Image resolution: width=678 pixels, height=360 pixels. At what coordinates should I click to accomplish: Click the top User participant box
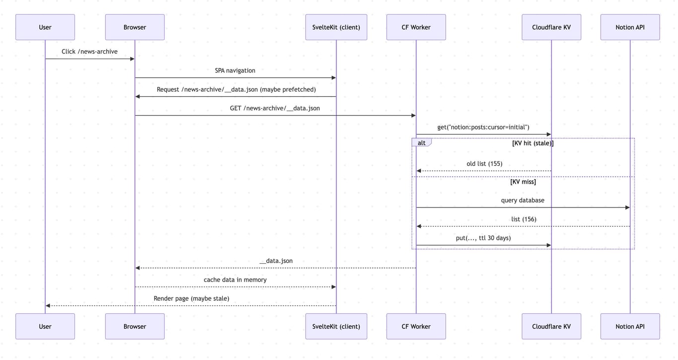click(45, 27)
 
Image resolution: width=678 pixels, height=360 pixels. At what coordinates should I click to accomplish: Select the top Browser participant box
click(135, 27)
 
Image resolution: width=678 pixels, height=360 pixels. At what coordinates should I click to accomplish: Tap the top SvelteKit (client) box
click(336, 27)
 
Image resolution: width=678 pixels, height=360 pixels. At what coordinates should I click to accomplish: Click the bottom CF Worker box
click(416, 326)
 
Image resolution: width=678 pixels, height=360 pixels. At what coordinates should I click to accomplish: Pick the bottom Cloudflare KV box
click(551, 326)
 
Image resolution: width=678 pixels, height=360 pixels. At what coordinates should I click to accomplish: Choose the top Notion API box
click(630, 27)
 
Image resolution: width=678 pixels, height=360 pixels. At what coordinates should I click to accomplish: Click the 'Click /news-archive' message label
click(89, 52)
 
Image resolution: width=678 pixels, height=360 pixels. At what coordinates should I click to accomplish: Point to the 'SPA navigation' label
click(235, 71)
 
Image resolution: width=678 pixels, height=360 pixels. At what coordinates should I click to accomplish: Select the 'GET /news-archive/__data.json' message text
click(274, 108)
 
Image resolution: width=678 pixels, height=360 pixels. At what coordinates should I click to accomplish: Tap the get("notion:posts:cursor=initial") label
click(483, 127)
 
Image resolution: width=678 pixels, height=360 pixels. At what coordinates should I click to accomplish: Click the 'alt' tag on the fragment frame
click(421, 143)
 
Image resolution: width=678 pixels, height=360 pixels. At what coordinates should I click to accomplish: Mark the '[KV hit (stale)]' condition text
click(533, 143)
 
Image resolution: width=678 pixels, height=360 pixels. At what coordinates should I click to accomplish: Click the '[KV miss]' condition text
click(523, 182)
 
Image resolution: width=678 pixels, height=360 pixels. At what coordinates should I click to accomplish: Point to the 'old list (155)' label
click(484, 163)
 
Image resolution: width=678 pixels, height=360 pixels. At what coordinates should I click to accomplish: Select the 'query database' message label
click(522, 200)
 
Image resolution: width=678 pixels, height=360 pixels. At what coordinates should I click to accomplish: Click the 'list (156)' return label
click(523, 219)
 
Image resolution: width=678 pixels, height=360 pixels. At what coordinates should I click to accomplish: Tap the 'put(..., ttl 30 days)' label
click(483, 238)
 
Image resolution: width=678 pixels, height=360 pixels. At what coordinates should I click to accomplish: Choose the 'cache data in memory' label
click(235, 280)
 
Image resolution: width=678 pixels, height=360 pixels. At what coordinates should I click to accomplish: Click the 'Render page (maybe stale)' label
click(191, 298)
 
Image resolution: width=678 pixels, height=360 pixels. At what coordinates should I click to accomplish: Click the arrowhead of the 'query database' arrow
click(627, 208)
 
